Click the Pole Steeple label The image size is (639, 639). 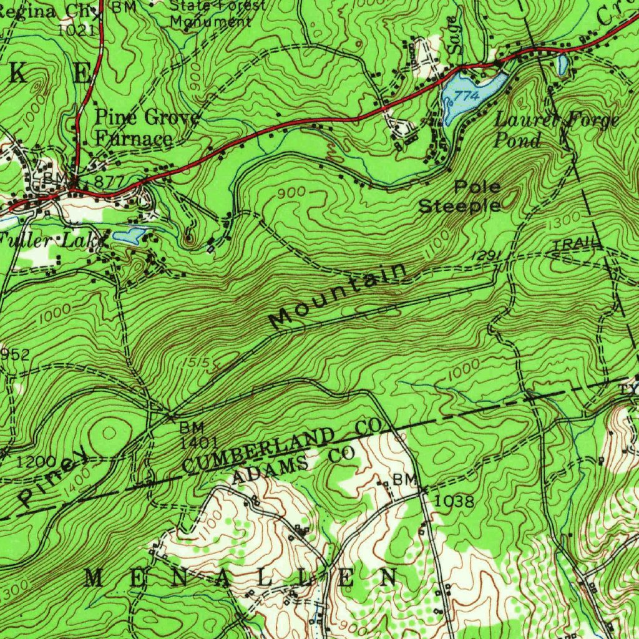[461, 196]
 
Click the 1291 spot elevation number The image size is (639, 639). [483, 255]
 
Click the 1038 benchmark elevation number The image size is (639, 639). [454, 501]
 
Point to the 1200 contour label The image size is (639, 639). [36, 462]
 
